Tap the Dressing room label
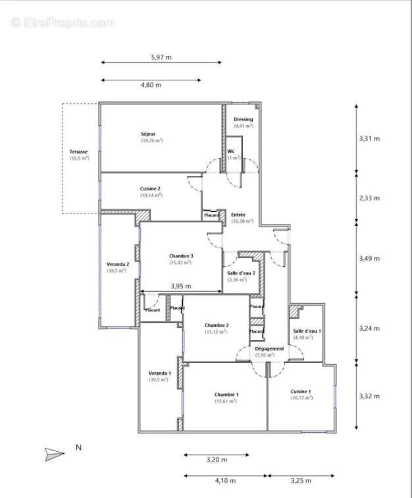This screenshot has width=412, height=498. click(244, 119)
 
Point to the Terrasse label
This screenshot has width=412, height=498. click(78, 152)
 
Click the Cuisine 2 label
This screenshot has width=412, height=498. click(150, 188)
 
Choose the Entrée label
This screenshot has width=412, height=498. click(239, 215)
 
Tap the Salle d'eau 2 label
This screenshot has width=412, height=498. click(241, 273)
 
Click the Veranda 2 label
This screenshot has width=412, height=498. click(118, 264)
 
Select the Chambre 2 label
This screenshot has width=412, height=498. click(217, 325)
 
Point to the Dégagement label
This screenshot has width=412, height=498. click(269, 348)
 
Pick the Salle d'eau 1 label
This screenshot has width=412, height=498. click(307, 331)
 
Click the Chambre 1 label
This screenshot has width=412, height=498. click(226, 395)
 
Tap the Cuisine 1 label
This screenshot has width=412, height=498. click(301, 392)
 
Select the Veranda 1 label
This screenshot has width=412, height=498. click(159, 373)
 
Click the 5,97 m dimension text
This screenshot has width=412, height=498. click(161, 57)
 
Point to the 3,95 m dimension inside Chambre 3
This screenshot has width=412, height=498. click(181, 286)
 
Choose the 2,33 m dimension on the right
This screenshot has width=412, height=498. click(370, 198)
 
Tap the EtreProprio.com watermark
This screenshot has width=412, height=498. click(63, 22)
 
